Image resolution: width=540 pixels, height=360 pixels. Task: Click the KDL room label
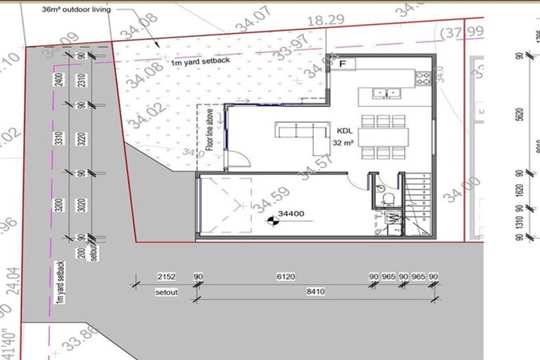click(x=345, y=131)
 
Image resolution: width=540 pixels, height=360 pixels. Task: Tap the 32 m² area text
click(x=342, y=142)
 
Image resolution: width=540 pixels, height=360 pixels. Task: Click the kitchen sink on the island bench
click(x=385, y=92)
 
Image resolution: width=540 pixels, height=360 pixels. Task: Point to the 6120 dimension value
click(x=285, y=277)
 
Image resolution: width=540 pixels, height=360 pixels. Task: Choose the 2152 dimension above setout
click(x=167, y=277)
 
